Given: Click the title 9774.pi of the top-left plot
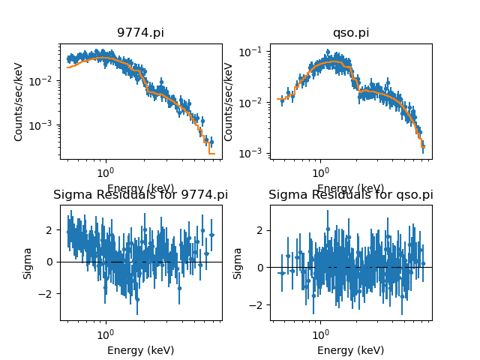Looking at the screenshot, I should point(140,33).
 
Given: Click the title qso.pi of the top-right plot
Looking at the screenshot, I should point(351,33).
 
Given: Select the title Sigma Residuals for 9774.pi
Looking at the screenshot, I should point(140,195).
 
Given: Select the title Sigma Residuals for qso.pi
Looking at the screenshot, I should point(351,195).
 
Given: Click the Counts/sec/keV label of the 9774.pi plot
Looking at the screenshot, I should point(19,101).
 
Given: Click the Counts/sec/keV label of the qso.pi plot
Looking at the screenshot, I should point(229,101).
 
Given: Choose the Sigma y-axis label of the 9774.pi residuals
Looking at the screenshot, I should point(28,262).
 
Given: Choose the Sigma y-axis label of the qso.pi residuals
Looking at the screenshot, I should point(238,262).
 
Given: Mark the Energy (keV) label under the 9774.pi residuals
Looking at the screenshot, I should point(140,350).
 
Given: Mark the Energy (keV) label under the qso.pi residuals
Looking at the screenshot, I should point(351,350).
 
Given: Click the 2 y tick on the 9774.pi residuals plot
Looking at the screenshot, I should point(52,229).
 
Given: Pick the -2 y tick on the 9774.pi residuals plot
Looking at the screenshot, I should point(49,294).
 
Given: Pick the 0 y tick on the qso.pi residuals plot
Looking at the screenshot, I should point(262,267).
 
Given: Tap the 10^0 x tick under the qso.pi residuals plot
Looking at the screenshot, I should point(320,332).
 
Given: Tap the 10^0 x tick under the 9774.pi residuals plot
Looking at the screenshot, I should point(105,332).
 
